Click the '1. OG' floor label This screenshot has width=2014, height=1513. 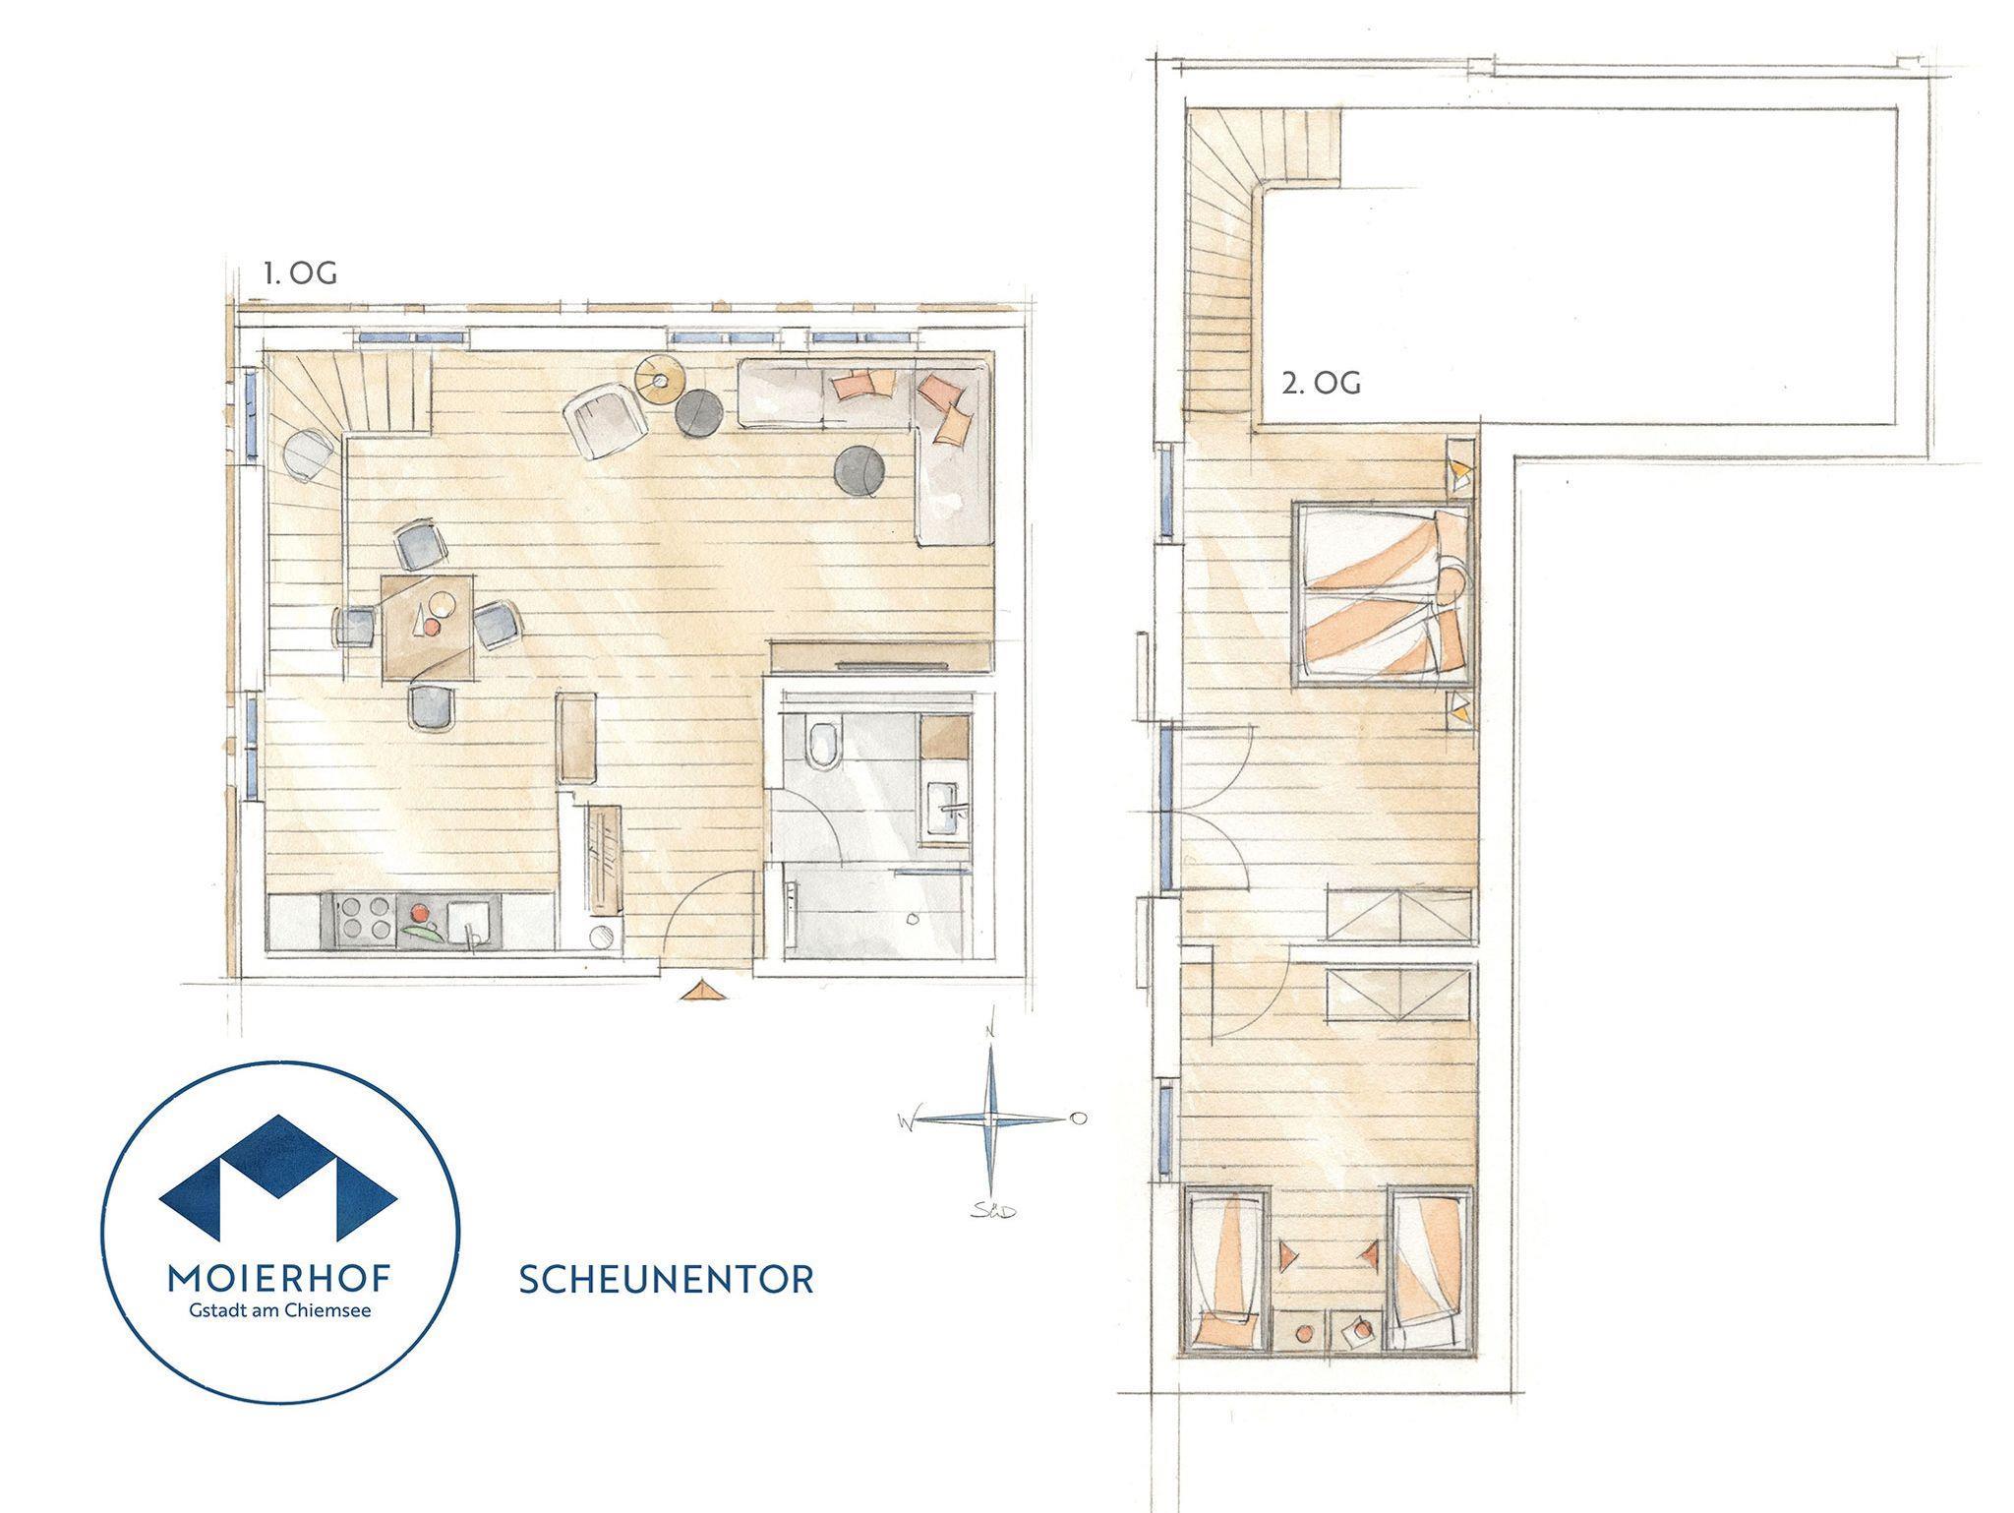tap(299, 273)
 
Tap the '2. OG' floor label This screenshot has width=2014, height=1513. tap(1321, 384)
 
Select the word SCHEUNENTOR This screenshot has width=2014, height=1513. tap(666, 1279)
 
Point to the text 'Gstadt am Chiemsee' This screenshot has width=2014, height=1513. tap(280, 1310)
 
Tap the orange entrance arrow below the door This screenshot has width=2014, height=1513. tap(704, 990)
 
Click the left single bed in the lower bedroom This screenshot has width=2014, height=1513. tap(1225, 1270)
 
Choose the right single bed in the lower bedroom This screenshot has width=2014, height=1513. tap(1429, 1269)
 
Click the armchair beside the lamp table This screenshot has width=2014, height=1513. tap(604, 422)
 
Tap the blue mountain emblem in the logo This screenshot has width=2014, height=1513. tap(278, 1177)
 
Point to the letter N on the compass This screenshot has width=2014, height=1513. tap(993, 1030)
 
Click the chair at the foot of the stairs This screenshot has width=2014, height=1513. tap(311, 455)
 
